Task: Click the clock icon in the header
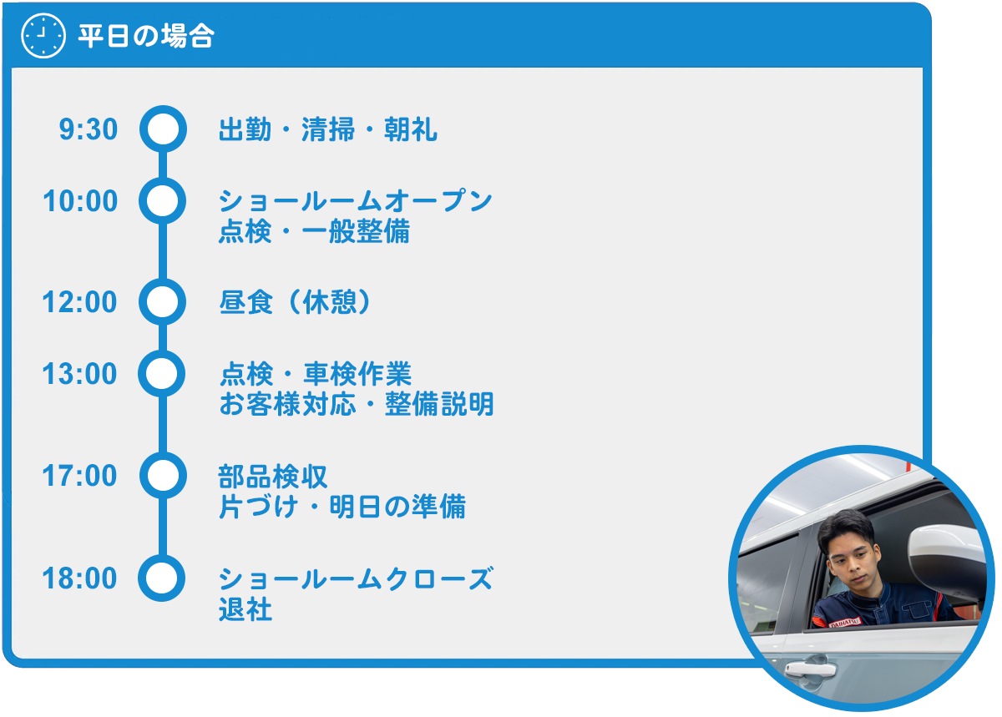pos(43,35)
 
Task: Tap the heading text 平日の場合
pos(146,36)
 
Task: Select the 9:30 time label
pos(89,129)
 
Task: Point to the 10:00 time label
pos(80,201)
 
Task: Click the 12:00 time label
pos(79,302)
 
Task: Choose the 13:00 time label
pos(79,373)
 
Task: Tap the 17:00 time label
pos(79,475)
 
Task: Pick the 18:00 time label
pos(79,578)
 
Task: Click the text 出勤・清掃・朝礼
pos(328,129)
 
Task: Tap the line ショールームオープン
pos(356,201)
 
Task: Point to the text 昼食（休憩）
pos(296,302)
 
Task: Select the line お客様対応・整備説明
pos(357,404)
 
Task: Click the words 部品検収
pos(273,477)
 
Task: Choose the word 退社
pos(245,609)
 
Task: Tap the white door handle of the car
pos(811,669)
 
